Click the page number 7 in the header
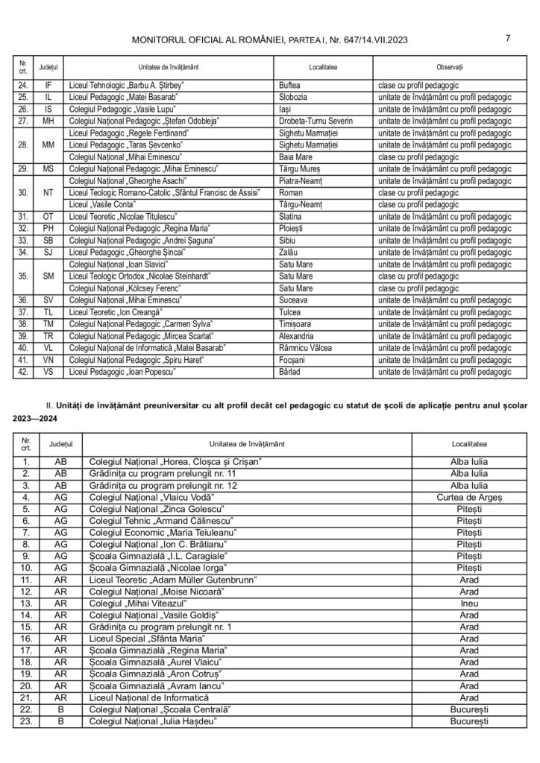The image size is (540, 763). coord(507,39)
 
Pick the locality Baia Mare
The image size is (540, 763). coord(295,156)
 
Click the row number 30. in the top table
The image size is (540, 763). coord(24,192)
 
